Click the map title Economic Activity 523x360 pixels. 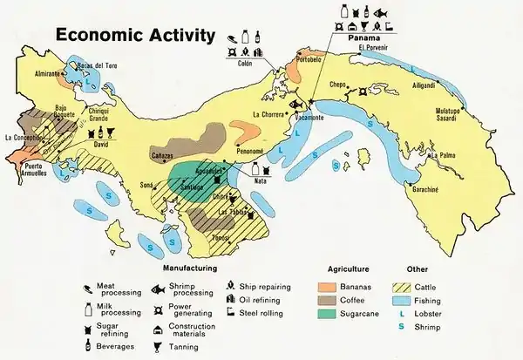click(x=135, y=36)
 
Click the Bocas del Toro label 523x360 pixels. click(x=98, y=65)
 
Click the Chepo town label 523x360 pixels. click(x=338, y=85)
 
